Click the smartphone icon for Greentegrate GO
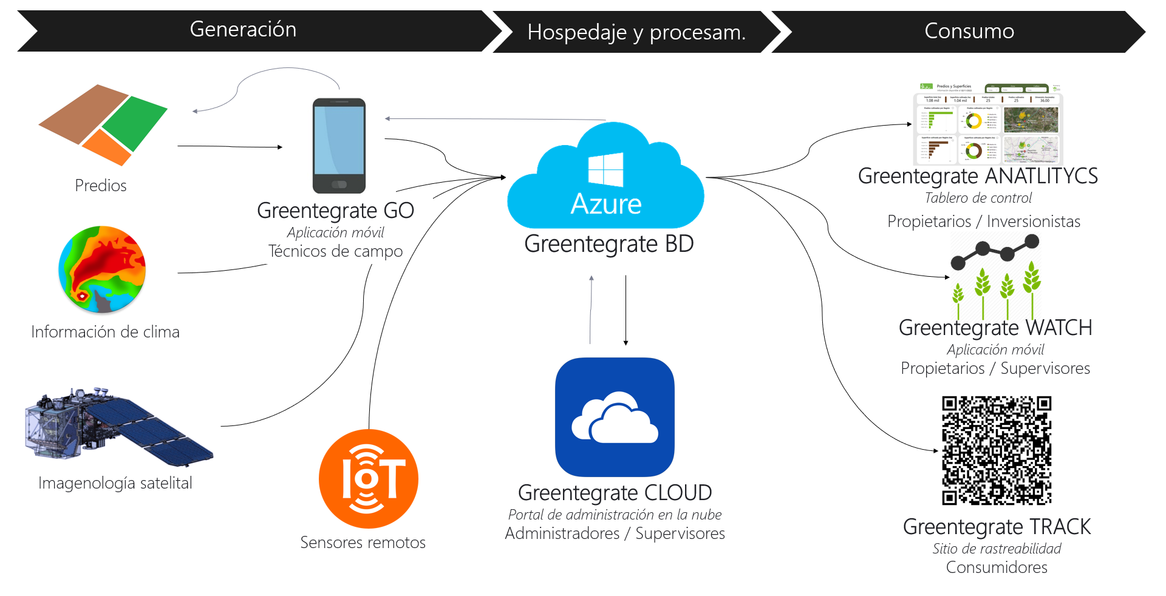[339, 146]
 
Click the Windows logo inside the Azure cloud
[605, 169]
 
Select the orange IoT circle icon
[369, 479]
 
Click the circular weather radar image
[102, 269]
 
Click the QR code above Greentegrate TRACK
[997, 450]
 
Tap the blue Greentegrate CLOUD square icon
[615, 417]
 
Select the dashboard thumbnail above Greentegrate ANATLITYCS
[988, 124]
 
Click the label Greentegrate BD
[609, 244]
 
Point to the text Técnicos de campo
[335, 251]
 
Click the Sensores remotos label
[363, 543]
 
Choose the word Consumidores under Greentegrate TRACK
[997, 567]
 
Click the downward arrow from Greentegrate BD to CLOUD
[626, 310]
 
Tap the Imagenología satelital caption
[115, 483]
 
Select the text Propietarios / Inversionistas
[983, 222]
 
